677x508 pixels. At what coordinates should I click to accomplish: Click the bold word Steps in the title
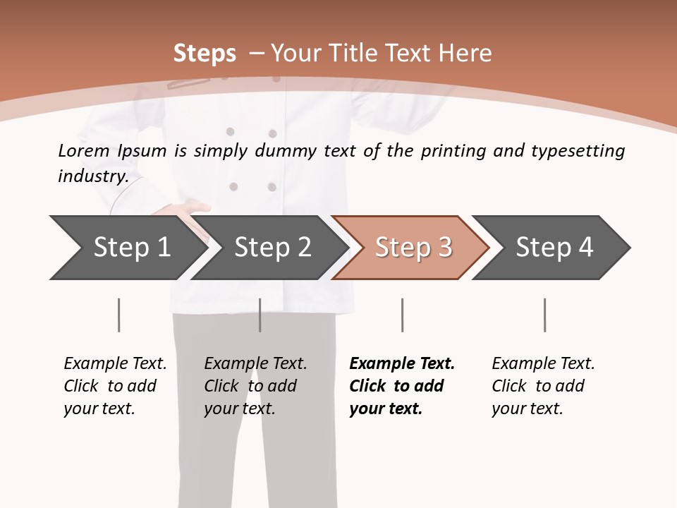pyautogui.click(x=205, y=54)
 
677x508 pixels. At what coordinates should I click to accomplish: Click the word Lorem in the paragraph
pyautogui.click(x=83, y=150)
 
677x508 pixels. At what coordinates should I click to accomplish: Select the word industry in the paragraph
pyautogui.click(x=92, y=176)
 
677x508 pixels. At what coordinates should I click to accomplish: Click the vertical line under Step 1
pyautogui.click(x=118, y=315)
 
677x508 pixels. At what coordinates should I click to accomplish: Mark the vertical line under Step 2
pyautogui.click(x=260, y=315)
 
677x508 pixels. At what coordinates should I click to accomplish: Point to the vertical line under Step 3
pyautogui.click(x=402, y=315)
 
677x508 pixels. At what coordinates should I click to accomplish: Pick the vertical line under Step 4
pyautogui.click(x=544, y=315)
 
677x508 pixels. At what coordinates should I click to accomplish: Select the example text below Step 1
pyautogui.click(x=115, y=386)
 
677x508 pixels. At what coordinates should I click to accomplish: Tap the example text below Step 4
pyautogui.click(x=543, y=386)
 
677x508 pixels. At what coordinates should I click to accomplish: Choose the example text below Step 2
pyautogui.click(x=255, y=386)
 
